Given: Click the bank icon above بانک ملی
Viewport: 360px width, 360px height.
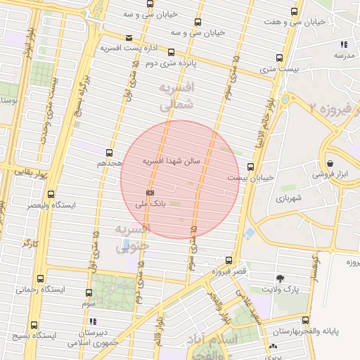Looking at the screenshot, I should point(150,192).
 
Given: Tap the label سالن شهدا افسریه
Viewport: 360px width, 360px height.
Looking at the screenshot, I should point(172,161).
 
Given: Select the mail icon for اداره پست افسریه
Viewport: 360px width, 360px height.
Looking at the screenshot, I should point(128,38).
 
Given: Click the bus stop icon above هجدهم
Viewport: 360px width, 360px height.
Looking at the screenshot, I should point(109,152).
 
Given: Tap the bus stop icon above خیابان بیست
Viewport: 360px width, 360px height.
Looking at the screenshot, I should point(251,167).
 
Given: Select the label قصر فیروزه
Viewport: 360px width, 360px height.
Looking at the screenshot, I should point(231,271).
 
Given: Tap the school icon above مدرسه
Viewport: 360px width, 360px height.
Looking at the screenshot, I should point(343,44).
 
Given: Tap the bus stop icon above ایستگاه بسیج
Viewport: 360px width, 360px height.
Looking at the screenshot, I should point(34,325).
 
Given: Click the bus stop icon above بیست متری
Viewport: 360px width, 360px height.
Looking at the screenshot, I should point(280,58).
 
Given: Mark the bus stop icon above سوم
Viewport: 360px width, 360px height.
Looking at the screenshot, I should point(89,292).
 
